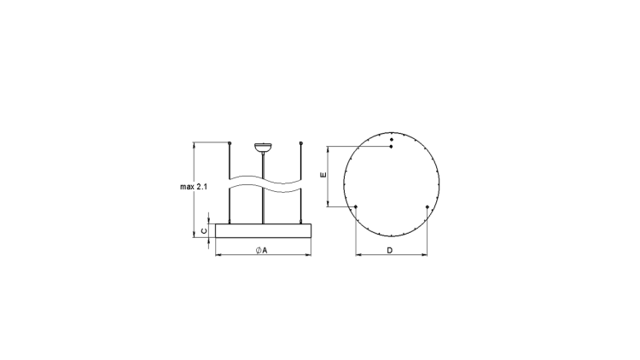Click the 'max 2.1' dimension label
(x=194, y=187)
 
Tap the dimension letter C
(x=205, y=231)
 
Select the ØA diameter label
(x=261, y=250)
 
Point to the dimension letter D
(x=389, y=250)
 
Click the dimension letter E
(x=323, y=175)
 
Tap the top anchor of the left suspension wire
(x=230, y=143)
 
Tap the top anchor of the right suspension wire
(x=301, y=143)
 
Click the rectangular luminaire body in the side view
(x=263, y=230)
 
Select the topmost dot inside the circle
(x=392, y=140)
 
